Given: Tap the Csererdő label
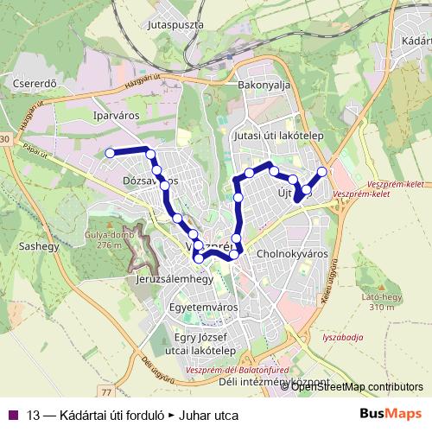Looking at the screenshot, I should (35, 84).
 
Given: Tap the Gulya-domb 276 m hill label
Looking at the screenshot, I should (104, 240).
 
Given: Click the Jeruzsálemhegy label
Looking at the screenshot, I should (175, 281).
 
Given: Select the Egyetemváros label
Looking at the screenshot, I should (204, 306).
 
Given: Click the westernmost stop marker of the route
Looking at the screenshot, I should (110, 153).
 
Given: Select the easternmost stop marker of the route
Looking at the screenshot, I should (322, 172).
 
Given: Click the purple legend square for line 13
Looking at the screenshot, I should (13, 414).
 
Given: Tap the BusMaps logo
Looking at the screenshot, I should (393, 414).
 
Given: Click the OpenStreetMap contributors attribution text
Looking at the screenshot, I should (358, 386).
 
